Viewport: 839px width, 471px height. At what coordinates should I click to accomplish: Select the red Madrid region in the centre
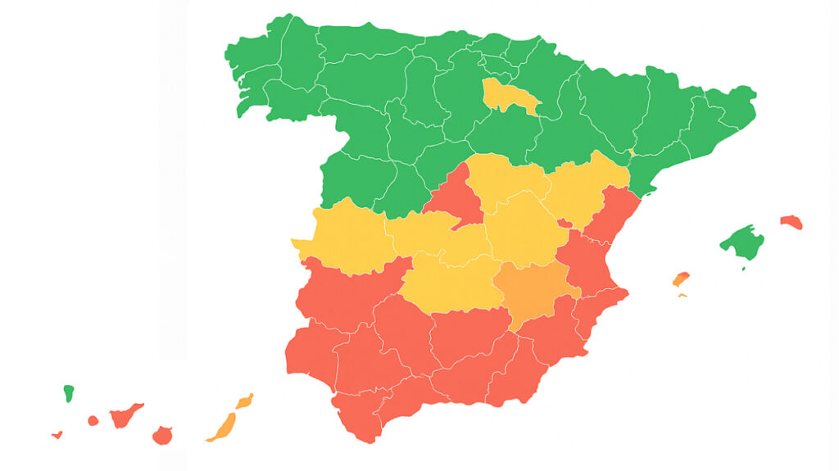tap(456, 197)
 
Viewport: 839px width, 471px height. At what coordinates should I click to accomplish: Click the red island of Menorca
tap(791, 222)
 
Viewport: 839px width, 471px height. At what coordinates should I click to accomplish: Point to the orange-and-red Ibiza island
tap(681, 279)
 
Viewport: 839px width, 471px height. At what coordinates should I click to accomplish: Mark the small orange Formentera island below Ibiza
tap(683, 295)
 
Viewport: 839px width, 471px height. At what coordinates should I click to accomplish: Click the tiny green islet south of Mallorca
tap(743, 268)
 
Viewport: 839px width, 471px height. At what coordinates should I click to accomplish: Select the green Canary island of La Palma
tap(69, 393)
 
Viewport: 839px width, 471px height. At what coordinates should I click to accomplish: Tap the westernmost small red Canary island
tap(57, 435)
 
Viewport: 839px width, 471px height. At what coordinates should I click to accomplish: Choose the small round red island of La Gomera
tap(93, 421)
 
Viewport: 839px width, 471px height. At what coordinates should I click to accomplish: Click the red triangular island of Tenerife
tap(125, 415)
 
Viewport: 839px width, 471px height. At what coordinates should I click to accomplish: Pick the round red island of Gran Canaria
tap(162, 435)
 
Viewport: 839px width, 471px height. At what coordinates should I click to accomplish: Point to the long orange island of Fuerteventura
tap(222, 427)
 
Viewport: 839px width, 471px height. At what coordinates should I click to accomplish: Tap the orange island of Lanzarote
tap(244, 401)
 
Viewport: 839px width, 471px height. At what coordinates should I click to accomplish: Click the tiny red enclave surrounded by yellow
tap(565, 223)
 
